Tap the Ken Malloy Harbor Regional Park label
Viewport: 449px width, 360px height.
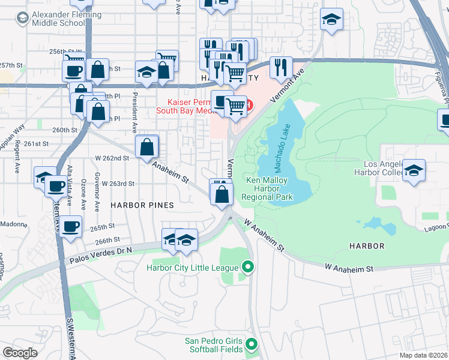[267, 188]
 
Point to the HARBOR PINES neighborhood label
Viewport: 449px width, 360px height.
[142, 205]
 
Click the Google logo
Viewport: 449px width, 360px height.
[20, 353]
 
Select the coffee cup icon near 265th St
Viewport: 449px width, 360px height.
[71, 227]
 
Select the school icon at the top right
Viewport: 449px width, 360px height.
[331, 20]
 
